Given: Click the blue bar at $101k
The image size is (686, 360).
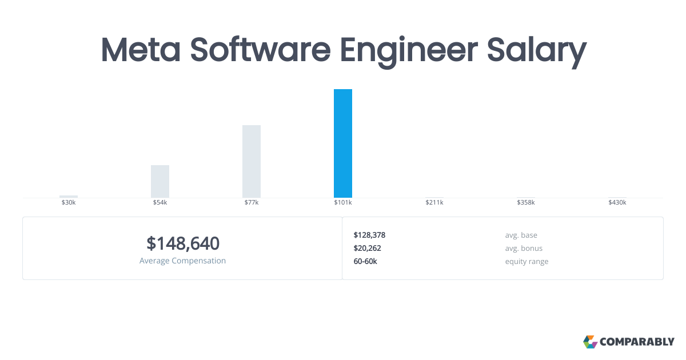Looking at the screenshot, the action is coord(342,143).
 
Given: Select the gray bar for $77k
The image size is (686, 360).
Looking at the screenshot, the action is coord(252,161).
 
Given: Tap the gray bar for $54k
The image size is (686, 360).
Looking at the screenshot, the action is coord(160,181).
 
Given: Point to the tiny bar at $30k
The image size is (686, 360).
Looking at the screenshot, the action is coord(69,197).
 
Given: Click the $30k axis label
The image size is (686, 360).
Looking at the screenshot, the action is coord(69,202).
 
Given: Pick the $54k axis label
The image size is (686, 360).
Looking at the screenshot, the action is coord(160,202).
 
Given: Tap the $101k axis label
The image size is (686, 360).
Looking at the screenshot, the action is coord(342,202).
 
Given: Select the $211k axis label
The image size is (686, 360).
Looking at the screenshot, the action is coord(434,202).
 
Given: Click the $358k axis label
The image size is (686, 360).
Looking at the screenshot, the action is coord(526,202).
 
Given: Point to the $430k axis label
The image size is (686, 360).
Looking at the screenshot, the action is coord(617,202).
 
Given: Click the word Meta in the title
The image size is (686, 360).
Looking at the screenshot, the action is coord(141,50).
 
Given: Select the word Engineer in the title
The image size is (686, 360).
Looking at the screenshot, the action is coord(409,52).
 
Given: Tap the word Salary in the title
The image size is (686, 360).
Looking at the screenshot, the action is coord(537,52).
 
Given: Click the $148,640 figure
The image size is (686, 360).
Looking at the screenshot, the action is coord(183,243).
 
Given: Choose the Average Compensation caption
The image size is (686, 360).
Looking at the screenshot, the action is coord(182,261).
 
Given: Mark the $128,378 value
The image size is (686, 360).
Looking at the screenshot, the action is coord(369,235).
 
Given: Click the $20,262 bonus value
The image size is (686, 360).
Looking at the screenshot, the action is coord(367,248).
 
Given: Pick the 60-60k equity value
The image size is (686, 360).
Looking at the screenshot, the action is coord(365,262).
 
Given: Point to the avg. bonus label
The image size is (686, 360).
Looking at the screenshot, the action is coord(524,248).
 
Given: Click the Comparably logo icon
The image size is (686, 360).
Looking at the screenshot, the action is coord(590,342).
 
